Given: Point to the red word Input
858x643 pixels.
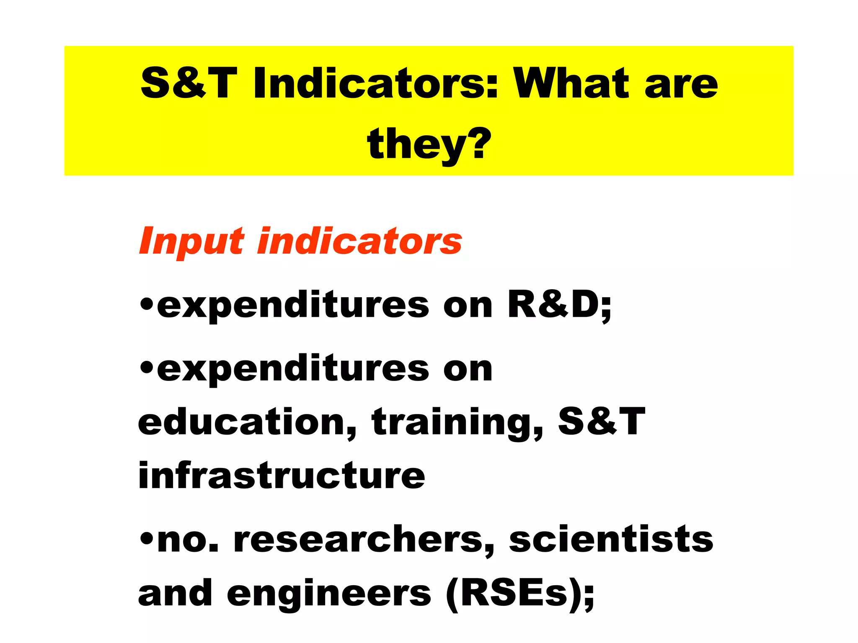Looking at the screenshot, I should pyautogui.click(x=191, y=242).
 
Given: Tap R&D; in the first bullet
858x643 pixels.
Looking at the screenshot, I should pyautogui.click(x=560, y=305).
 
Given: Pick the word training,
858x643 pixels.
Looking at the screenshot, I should pyautogui.click(x=457, y=423).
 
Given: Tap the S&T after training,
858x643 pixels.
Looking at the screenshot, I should pyautogui.click(x=602, y=422).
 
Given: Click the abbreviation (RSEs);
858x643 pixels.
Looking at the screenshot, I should pyautogui.click(x=520, y=594).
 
